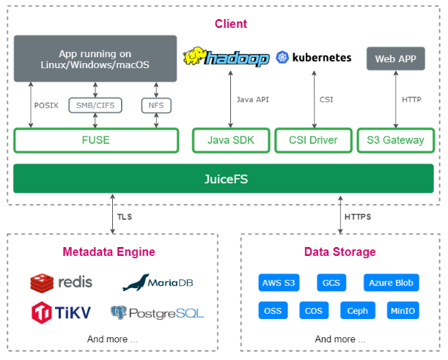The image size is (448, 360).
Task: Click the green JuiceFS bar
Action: click(x=223, y=178)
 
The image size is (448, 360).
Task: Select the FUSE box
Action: click(x=96, y=140)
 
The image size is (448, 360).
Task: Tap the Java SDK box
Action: click(x=229, y=140)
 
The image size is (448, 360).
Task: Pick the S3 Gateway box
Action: click(x=395, y=140)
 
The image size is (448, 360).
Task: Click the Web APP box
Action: click(x=395, y=59)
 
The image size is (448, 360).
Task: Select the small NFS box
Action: click(x=155, y=106)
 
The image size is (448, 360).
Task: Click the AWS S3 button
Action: click(x=279, y=282)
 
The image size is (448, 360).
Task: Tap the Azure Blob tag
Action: click(x=391, y=282)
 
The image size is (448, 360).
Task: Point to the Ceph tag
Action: click(x=358, y=310)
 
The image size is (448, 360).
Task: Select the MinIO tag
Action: click(x=403, y=310)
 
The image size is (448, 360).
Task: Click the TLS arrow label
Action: click(x=124, y=217)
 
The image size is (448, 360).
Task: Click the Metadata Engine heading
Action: click(x=109, y=251)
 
